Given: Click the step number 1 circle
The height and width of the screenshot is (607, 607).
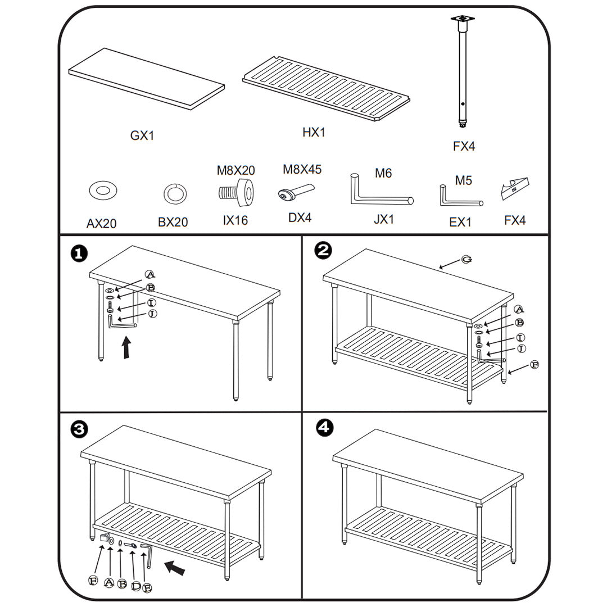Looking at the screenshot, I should pyautogui.click(x=79, y=253).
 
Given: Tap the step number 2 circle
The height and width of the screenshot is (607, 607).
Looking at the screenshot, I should pyautogui.click(x=323, y=251).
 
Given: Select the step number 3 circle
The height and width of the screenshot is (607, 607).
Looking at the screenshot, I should pyautogui.click(x=79, y=429).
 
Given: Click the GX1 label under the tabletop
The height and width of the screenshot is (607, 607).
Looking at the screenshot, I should pyautogui.click(x=142, y=135).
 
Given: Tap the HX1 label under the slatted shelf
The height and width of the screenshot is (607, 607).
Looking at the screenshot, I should pyautogui.click(x=314, y=133).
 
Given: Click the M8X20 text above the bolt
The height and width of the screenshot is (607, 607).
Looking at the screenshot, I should pyautogui.click(x=236, y=170).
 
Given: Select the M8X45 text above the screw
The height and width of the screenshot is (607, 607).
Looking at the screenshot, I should pyautogui.click(x=302, y=169).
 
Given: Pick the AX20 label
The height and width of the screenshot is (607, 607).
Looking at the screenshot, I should pyautogui.click(x=101, y=224).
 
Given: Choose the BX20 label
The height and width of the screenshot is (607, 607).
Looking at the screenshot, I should pyautogui.click(x=173, y=223).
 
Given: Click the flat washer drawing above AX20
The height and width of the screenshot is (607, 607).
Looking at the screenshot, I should pyautogui.click(x=103, y=191).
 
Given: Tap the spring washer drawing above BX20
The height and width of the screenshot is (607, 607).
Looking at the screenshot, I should pyautogui.click(x=171, y=194).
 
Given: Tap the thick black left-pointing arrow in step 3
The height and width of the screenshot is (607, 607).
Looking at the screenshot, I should pyautogui.click(x=175, y=568).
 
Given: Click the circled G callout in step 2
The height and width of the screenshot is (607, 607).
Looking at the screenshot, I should pyautogui.click(x=466, y=259).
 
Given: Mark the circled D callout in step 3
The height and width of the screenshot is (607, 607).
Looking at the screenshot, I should pyautogui.click(x=135, y=586).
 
